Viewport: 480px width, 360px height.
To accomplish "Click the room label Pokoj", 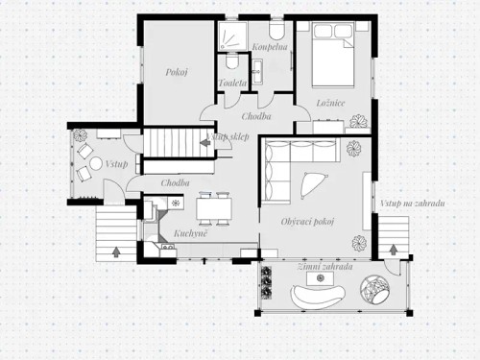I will click(175, 71).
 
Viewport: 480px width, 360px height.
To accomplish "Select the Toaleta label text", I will click(233, 83).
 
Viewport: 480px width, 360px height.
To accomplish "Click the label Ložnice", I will click(331, 103).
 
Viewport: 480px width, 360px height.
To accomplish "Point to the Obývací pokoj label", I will click(307, 222).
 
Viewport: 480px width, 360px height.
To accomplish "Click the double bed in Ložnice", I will click(333, 57).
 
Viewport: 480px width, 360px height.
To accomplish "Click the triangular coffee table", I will click(311, 182).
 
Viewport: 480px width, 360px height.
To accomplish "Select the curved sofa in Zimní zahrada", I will click(313, 295).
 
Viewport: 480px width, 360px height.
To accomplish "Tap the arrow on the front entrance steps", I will click(117, 252).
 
